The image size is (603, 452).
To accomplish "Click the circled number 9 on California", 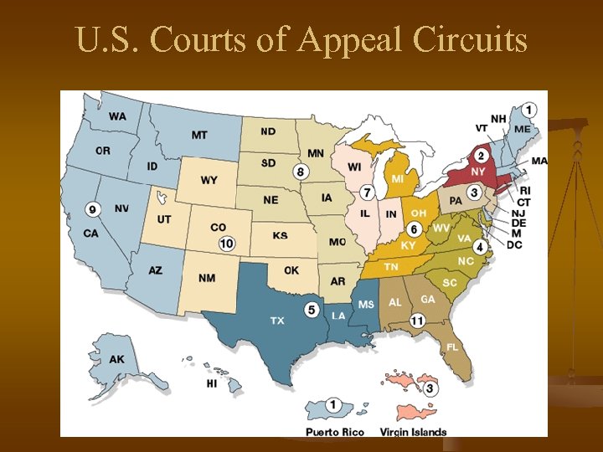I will (x=92, y=208).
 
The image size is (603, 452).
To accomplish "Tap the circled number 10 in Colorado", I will (x=226, y=244).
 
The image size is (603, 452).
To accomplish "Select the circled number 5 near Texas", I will (x=312, y=309).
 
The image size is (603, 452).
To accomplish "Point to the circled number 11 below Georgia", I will (x=417, y=320).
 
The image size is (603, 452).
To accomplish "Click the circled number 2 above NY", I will (x=482, y=156).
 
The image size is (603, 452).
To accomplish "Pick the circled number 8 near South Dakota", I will (x=301, y=172).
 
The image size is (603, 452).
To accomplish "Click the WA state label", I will (x=117, y=116).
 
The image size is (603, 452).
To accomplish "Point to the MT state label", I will (x=199, y=135).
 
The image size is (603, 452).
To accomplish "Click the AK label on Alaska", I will (x=117, y=359).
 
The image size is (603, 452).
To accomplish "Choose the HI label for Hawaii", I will (x=212, y=383).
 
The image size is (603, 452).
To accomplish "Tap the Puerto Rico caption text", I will (x=336, y=432).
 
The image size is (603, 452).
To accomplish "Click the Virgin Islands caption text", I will (x=413, y=432).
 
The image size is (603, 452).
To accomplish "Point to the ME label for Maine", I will (x=522, y=129).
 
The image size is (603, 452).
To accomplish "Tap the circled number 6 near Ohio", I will (x=413, y=229).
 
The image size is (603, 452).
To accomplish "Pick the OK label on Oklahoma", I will (x=291, y=270).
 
